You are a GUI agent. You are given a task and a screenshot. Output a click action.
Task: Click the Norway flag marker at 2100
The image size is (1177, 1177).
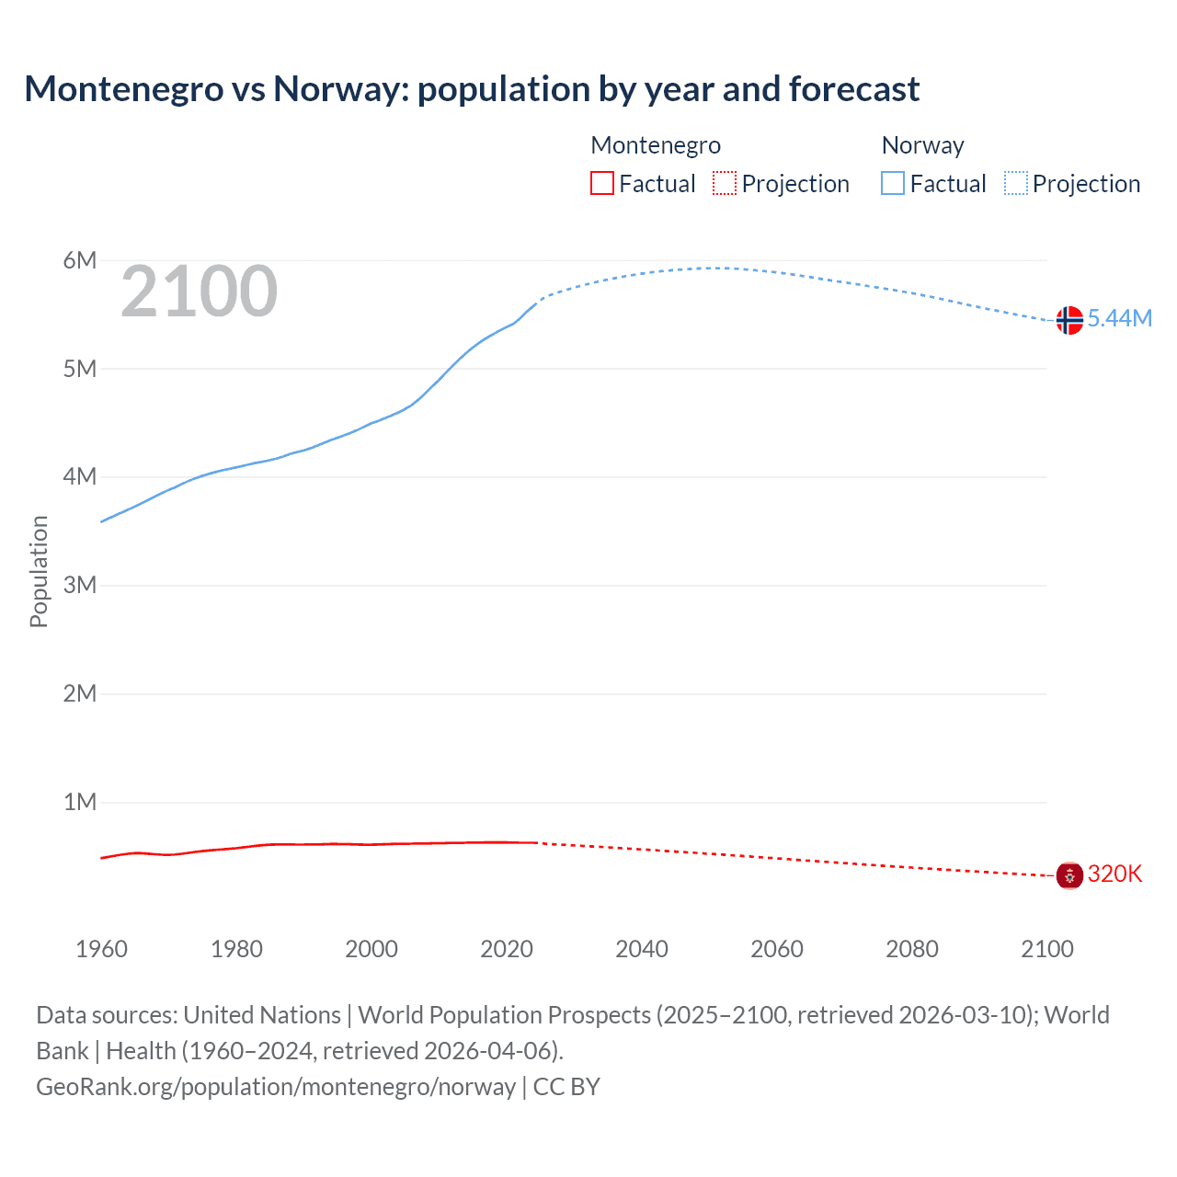[x=1068, y=320]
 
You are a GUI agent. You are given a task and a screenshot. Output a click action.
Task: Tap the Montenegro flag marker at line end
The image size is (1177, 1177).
[x=1068, y=875]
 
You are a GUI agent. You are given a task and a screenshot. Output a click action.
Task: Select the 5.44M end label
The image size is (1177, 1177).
[x=1119, y=318]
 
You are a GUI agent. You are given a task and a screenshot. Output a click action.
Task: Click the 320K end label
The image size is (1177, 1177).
[x=1114, y=874]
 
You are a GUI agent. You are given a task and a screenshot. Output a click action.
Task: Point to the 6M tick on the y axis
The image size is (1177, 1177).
[x=80, y=260]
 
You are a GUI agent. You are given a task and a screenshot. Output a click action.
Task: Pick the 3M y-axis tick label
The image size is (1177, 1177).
[x=80, y=585]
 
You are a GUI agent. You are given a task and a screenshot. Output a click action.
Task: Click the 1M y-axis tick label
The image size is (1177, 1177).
[x=80, y=802]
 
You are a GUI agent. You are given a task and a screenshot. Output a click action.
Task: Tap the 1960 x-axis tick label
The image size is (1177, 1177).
[x=101, y=949]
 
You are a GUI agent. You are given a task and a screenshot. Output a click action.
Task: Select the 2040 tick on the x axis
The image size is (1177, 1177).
[x=642, y=949]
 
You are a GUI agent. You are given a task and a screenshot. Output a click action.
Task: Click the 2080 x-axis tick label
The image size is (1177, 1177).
[x=912, y=949]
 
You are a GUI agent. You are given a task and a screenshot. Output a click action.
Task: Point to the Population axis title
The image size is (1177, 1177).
[x=39, y=571]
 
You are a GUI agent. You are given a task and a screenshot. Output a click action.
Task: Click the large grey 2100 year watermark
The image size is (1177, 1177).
[x=199, y=291]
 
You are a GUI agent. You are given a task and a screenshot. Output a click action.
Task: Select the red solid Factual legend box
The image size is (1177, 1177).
[x=601, y=183]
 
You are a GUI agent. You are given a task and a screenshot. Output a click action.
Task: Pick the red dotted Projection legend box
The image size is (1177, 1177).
[x=725, y=183]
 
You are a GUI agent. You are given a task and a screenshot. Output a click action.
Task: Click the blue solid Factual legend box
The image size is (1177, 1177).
[x=892, y=183]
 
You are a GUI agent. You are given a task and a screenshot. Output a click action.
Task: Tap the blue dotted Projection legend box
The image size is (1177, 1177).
[x=1016, y=183]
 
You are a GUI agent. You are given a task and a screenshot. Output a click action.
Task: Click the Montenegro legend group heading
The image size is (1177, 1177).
[x=656, y=145]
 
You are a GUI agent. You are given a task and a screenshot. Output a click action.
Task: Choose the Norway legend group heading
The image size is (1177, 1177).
[x=922, y=145]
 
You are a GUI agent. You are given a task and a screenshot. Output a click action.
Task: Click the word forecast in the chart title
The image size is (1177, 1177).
[x=853, y=89]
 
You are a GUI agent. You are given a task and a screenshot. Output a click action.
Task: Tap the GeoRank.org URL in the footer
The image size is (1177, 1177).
[x=276, y=1087]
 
